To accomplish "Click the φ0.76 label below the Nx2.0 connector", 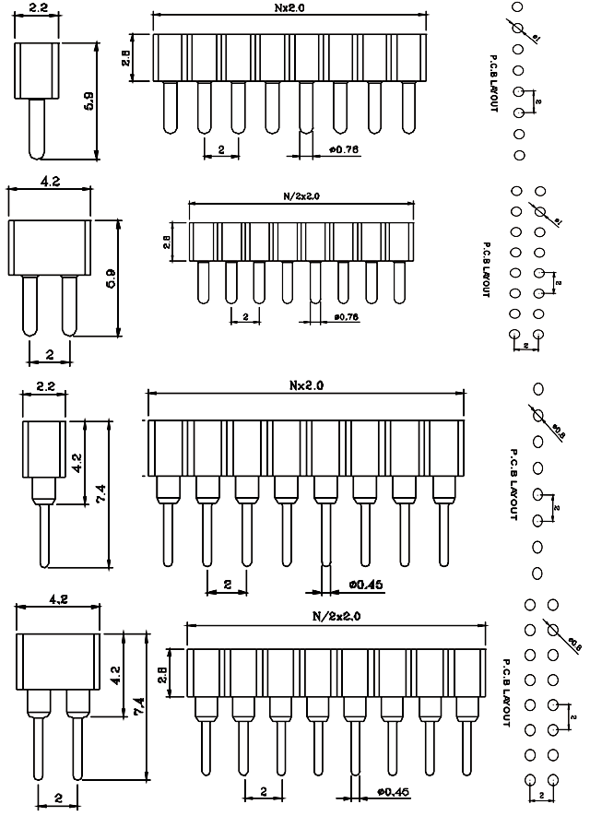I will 344,148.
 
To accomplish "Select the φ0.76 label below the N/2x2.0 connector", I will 345,317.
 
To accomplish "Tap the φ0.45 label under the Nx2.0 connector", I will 366,583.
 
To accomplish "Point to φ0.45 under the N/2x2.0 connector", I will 393,791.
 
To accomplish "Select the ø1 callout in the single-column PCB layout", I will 537,35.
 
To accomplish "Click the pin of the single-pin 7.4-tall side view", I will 44,535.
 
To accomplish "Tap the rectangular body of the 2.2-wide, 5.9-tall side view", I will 36,69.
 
